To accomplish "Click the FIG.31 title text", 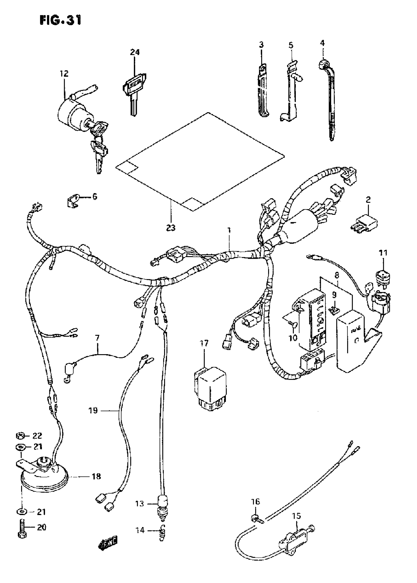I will (61, 20).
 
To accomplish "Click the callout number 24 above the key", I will (135, 52).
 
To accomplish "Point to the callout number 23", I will (171, 227).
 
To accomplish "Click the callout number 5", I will (291, 45).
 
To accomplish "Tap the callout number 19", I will (93, 411).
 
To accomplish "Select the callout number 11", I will (383, 253).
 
